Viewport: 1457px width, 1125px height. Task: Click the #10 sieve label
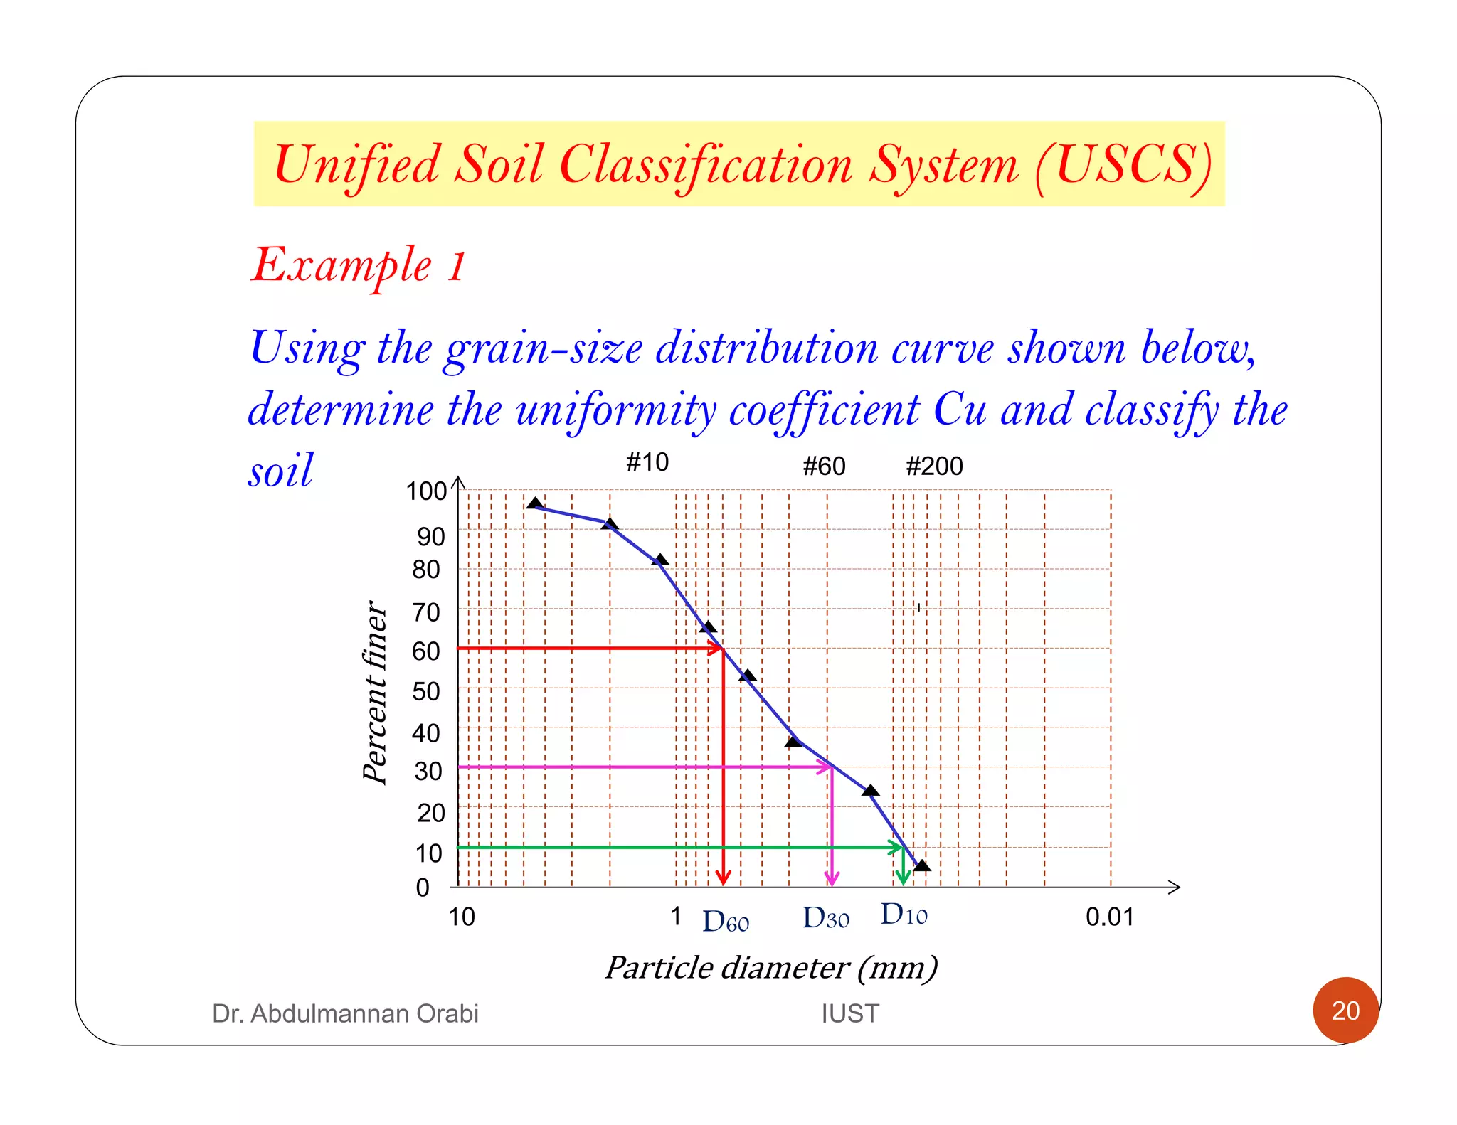[647, 462]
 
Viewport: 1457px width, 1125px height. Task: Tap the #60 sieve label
[824, 466]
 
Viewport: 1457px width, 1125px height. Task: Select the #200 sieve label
[934, 466]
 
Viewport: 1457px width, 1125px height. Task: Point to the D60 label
[726, 922]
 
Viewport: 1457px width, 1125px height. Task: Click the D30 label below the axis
[826, 918]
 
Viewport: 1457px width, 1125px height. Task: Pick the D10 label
[904, 915]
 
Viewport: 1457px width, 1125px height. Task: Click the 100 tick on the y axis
[425, 491]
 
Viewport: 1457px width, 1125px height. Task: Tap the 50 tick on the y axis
[426, 691]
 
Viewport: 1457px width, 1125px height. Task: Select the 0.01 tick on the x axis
[1109, 917]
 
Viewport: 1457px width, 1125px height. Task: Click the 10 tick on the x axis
[461, 917]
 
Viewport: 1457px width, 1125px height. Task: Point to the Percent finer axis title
[374, 692]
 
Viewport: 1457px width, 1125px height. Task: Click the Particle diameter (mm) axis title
[771, 968]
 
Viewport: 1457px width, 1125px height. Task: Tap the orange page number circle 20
[1345, 1011]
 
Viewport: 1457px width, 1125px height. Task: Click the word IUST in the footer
[850, 1013]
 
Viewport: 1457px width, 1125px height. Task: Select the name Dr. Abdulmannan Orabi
[345, 1013]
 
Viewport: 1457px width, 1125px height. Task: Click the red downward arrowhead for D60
[724, 878]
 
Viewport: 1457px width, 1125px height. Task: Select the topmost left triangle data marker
[535, 503]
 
